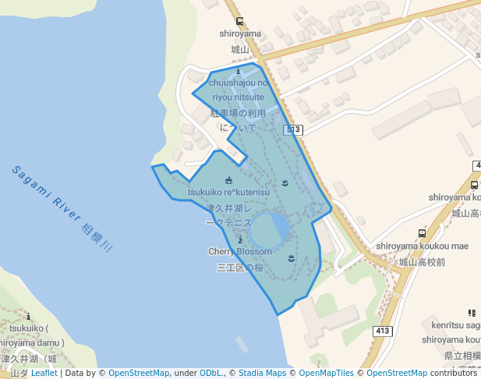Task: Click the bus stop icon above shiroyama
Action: (x=239, y=22)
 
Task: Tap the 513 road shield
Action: (x=293, y=129)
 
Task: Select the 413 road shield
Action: (x=382, y=331)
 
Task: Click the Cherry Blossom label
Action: (x=240, y=252)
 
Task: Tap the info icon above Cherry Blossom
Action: (x=240, y=239)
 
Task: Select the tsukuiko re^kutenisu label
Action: (x=228, y=192)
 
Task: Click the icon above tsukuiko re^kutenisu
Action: (x=228, y=181)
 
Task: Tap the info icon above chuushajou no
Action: (x=239, y=72)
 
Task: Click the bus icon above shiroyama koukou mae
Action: (x=422, y=233)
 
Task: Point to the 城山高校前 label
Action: (x=422, y=262)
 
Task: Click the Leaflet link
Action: (x=44, y=374)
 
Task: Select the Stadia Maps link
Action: (x=262, y=374)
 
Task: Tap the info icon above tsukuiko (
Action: (x=29, y=317)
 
